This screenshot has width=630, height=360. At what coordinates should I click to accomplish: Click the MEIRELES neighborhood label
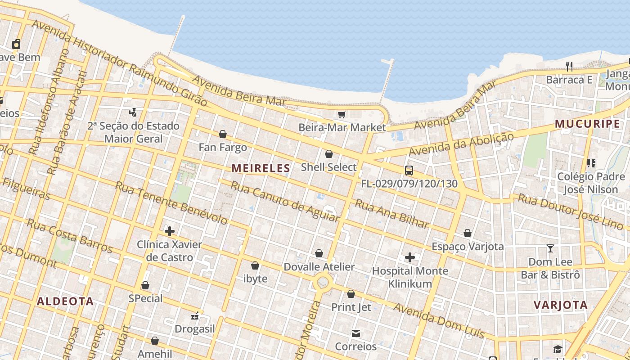point(261,168)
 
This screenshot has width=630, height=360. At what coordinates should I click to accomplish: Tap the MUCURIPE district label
point(587,124)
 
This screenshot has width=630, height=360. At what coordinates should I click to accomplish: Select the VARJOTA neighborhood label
point(560,305)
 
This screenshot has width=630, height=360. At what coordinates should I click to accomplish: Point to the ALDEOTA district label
point(65,301)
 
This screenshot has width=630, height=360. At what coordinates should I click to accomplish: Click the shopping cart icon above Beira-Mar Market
point(342,114)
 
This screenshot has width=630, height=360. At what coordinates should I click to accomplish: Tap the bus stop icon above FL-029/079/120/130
point(409,171)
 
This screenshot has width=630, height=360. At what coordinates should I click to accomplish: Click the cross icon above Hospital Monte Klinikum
point(409,257)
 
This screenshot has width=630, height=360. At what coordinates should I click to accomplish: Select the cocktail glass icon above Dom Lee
point(550,248)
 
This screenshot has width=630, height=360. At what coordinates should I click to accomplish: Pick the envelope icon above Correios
point(355,333)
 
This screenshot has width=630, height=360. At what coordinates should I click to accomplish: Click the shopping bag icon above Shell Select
point(328,154)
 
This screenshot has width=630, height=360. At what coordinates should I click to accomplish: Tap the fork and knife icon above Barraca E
point(569,67)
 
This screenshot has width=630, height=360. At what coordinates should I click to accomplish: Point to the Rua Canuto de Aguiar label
point(284,201)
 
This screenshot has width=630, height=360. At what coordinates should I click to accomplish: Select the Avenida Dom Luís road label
point(439,320)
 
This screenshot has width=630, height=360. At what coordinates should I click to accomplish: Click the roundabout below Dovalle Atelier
point(323,283)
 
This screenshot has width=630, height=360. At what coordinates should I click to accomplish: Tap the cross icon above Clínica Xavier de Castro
point(169,231)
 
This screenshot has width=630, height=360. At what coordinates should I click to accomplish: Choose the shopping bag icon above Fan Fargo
point(222,134)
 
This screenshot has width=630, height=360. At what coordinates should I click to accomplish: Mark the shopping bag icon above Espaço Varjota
point(468,233)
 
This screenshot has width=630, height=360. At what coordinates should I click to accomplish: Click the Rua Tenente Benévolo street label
point(171,202)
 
